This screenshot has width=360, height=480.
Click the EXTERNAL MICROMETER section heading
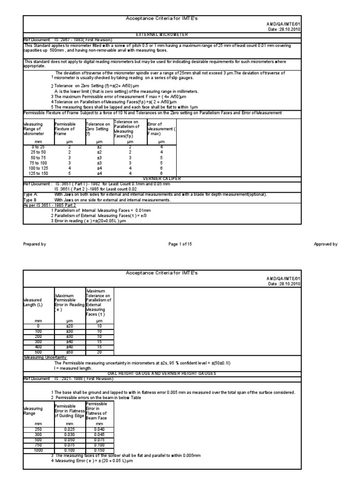coord(161,35)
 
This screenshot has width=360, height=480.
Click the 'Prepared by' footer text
coord(35,244)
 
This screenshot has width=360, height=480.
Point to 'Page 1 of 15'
coord(180,244)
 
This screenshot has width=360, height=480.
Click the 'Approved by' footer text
coord(325,244)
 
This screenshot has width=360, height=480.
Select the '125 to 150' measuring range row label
coord(38,173)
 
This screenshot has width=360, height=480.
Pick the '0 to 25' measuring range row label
coord(38,147)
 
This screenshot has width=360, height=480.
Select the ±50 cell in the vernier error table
coord(69,352)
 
